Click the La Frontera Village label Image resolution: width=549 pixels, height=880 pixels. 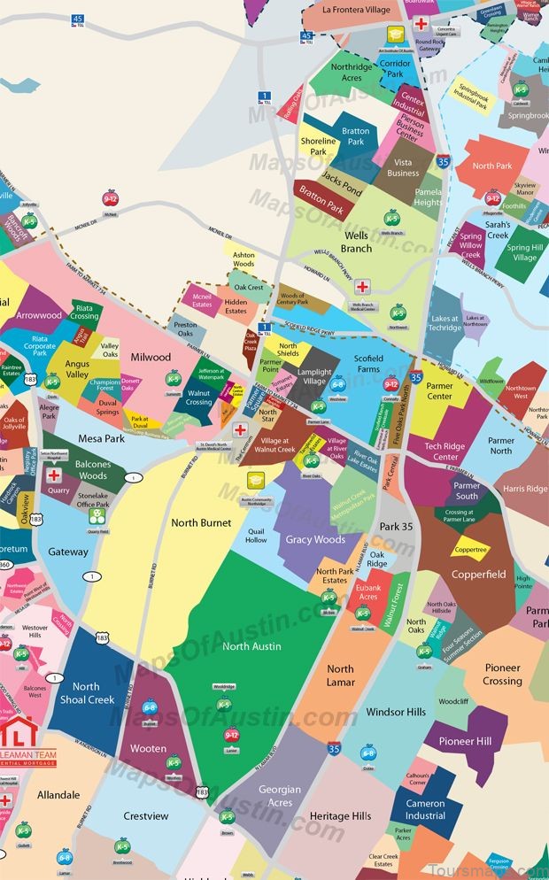(356, 10)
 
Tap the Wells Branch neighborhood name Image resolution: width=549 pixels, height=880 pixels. (356, 243)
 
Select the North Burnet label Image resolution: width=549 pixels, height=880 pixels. (201, 522)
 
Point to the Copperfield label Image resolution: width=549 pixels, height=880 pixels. (479, 575)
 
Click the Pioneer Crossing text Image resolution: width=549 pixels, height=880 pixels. (502, 675)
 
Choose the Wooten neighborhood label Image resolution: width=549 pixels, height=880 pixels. (148, 749)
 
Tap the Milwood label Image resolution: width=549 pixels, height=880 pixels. (151, 357)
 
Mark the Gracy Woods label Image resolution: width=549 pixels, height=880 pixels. (315, 539)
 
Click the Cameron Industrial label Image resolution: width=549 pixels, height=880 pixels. (425, 809)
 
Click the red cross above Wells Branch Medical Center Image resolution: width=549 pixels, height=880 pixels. (363, 287)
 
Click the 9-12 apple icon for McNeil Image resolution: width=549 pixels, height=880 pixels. (111, 197)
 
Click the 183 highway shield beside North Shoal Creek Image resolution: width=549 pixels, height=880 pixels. (104, 637)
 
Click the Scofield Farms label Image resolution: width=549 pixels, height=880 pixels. (367, 363)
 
